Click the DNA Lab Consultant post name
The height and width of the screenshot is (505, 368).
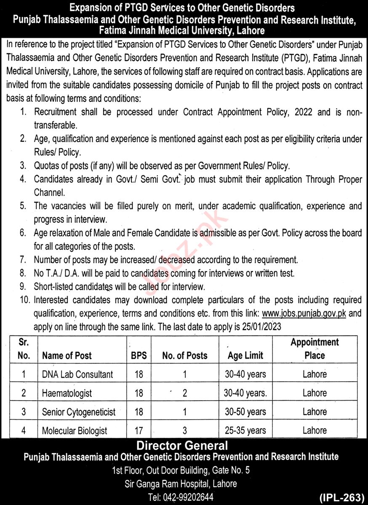pos(77,374)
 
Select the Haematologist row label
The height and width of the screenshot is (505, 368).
pos(67,393)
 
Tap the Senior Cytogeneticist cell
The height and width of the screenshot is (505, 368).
pos(79,412)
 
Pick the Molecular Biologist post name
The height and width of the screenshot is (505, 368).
pos(75,431)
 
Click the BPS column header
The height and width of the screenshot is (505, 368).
pos(139,356)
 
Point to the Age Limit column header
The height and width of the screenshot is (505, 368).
pos(245,356)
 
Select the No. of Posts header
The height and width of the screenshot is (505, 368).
pos(185,356)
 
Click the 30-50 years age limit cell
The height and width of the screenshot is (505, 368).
pos(245,412)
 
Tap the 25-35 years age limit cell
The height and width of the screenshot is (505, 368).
pos(245,431)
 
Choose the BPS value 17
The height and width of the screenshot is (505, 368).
pos(139,431)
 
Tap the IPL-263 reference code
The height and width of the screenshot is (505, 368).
pos(341,497)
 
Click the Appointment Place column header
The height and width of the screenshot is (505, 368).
pos(315,349)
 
